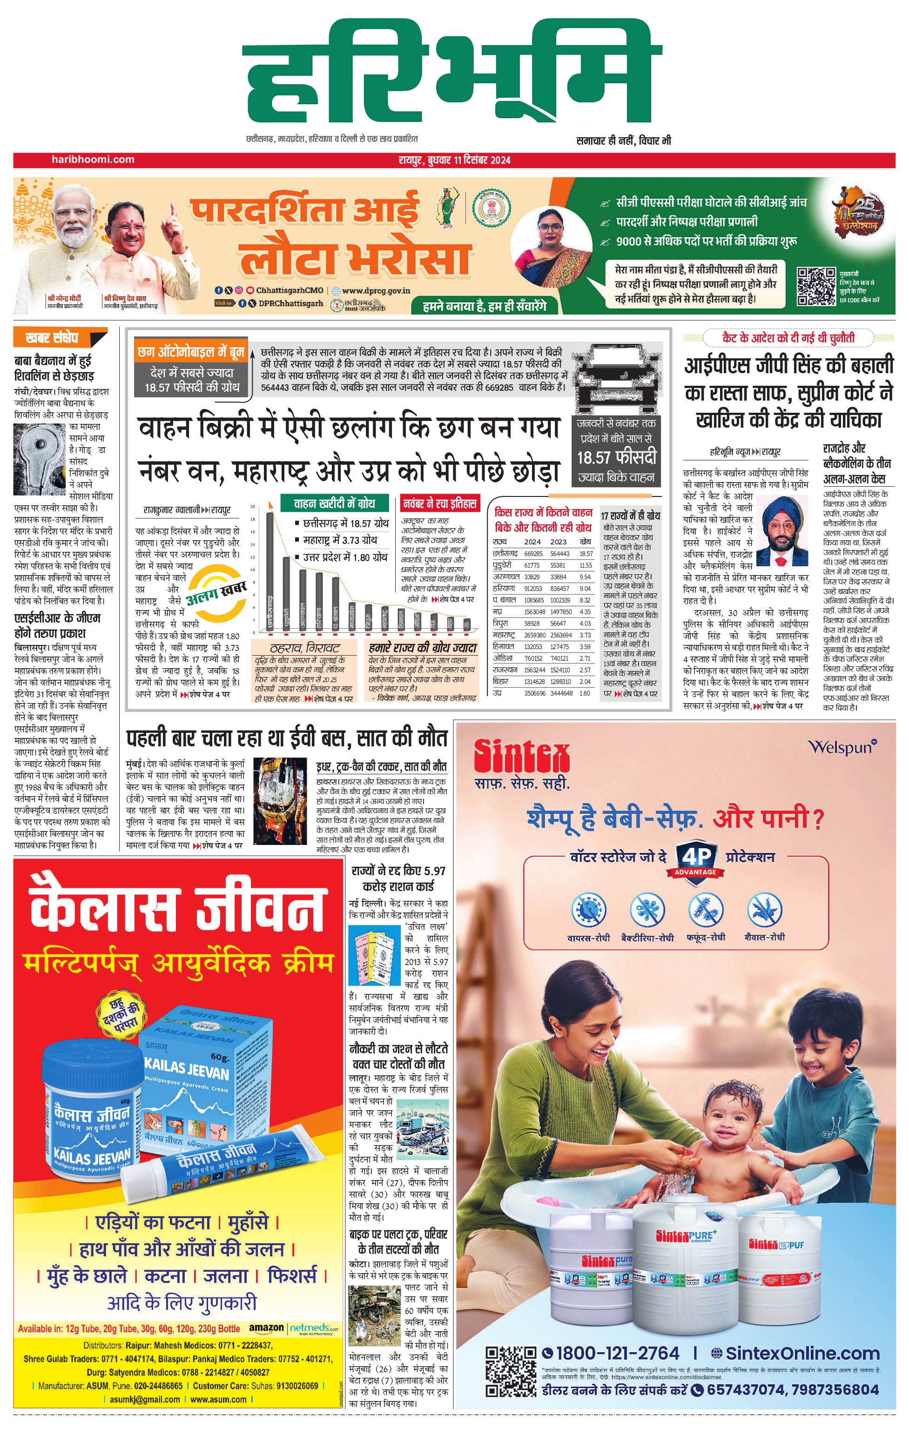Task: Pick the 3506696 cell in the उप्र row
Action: click(x=533, y=693)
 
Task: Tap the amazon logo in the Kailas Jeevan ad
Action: click(x=266, y=1328)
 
